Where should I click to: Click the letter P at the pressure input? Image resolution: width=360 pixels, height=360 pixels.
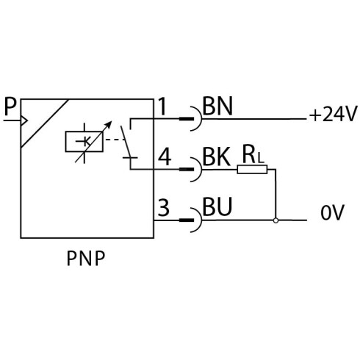tap(10, 107)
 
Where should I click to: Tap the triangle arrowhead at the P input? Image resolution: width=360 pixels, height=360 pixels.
tap(24, 120)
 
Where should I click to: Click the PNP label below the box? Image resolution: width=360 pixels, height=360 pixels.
tap(86, 258)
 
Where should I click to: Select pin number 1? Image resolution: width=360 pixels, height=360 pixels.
tap(162, 107)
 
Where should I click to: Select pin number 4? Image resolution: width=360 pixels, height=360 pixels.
tap(165, 157)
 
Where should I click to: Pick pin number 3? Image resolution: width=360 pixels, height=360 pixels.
tap(163, 207)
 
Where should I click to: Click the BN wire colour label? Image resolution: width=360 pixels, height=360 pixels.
tap(217, 107)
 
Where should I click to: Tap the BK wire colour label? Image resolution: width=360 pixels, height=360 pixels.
tap(217, 157)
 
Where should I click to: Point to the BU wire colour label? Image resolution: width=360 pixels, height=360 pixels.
tap(217, 207)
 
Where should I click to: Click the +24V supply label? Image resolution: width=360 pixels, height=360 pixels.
tap(333, 114)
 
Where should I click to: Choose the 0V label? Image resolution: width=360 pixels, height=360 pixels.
tap(332, 212)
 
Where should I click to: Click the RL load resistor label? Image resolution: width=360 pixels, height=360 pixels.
tap(253, 154)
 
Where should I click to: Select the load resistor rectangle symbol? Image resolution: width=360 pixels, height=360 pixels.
tap(252, 169)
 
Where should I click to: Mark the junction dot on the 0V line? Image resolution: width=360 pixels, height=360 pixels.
tap(276, 220)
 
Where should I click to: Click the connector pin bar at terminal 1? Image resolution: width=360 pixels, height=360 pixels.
tap(187, 119)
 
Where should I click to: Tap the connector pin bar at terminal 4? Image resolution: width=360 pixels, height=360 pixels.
tap(187, 169)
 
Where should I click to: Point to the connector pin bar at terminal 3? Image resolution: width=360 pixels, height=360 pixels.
tap(187, 220)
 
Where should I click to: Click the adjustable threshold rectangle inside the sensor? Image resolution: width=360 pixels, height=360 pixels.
tap(84, 142)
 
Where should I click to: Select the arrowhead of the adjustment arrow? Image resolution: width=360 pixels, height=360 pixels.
tap(108, 124)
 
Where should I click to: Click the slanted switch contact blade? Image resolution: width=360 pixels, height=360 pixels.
tap(126, 142)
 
